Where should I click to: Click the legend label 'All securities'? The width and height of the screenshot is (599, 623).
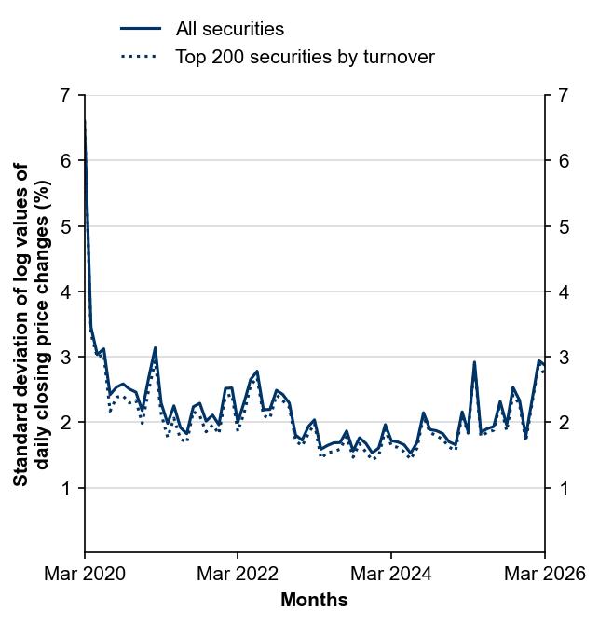pyautogui.click(x=229, y=30)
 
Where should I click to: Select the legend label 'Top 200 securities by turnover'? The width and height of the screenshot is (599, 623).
pyautogui.click(x=305, y=57)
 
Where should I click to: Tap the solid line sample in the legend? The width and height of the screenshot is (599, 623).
pyautogui.click(x=141, y=30)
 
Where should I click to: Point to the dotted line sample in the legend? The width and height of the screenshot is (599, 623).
pyautogui.click(x=141, y=57)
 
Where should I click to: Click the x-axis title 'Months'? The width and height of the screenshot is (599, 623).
pyautogui.click(x=314, y=600)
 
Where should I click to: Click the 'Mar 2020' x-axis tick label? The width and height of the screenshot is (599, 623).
pyautogui.click(x=85, y=574)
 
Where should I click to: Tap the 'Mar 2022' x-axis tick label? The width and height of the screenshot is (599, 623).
pyautogui.click(x=238, y=574)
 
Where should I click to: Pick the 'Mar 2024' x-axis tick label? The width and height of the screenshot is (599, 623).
pyautogui.click(x=391, y=574)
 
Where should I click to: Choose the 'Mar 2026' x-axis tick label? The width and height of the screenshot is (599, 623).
pyautogui.click(x=544, y=574)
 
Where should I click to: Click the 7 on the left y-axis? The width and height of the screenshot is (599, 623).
pyautogui.click(x=64, y=96)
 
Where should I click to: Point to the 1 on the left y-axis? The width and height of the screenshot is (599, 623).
pyautogui.click(x=64, y=488)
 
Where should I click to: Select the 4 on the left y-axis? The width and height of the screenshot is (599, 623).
pyautogui.click(x=64, y=292)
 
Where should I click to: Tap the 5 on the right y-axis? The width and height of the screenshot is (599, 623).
pyautogui.click(x=563, y=226)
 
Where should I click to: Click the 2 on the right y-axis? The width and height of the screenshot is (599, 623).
pyautogui.click(x=563, y=423)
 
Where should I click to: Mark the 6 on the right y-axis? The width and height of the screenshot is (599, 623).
pyautogui.click(x=563, y=161)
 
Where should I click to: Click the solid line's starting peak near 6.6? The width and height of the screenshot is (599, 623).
pyautogui.click(x=85, y=121)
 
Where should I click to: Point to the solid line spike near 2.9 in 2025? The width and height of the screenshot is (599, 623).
pyautogui.click(x=474, y=362)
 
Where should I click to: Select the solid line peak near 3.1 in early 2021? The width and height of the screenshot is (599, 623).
pyautogui.click(x=155, y=347)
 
